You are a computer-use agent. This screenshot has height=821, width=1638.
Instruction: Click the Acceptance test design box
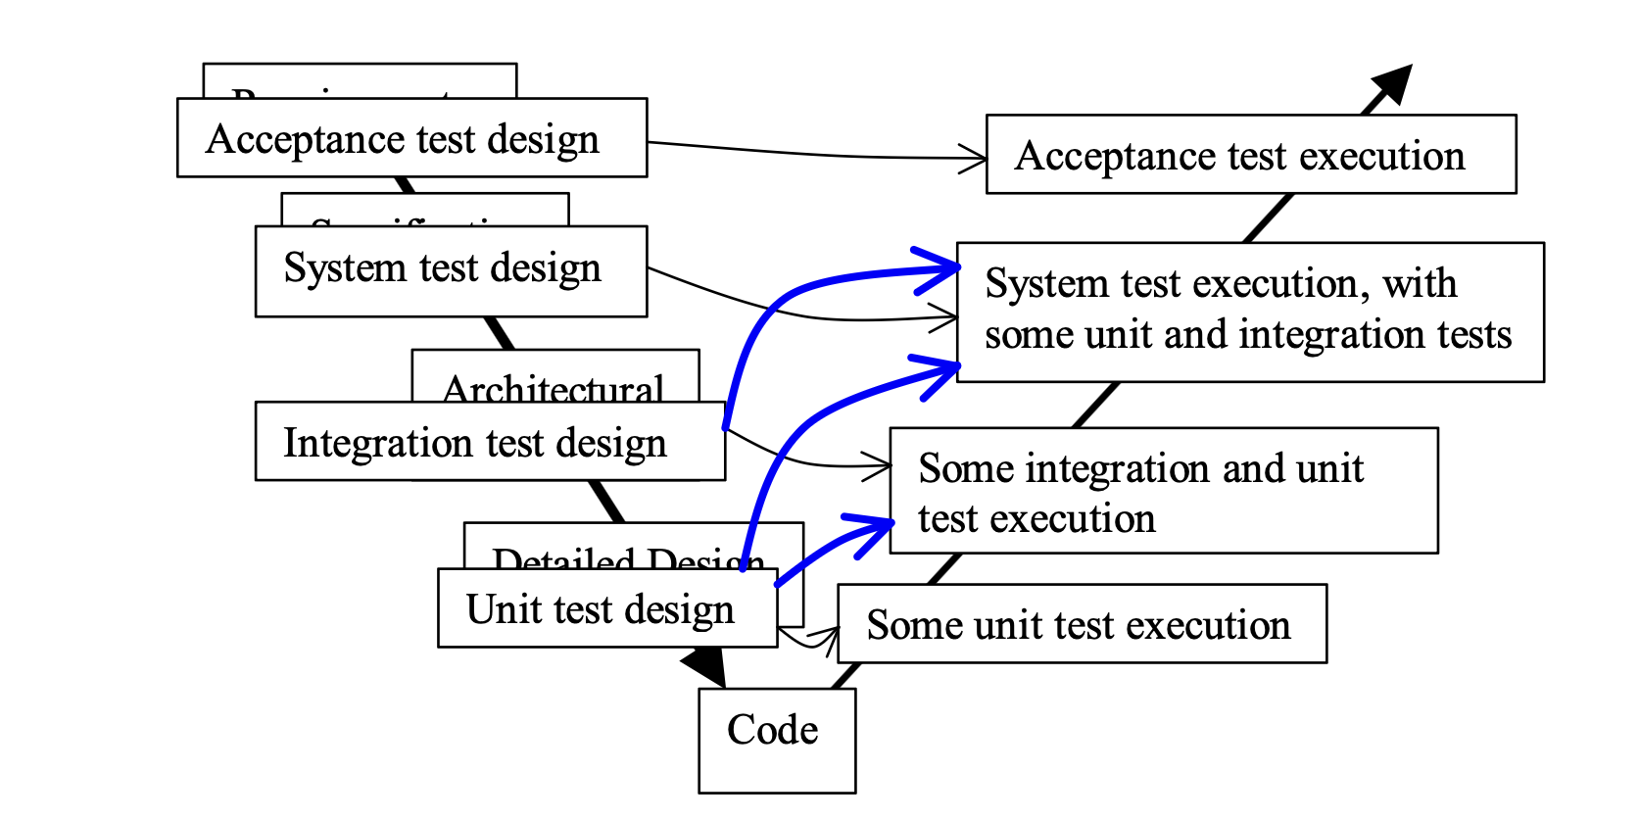pyautogui.click(x=411, y=138)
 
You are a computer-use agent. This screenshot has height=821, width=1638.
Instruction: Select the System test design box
pyautogui.click(x=451, y=271)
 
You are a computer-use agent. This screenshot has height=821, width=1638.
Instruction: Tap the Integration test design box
pyautogui.click(x=490, y=442)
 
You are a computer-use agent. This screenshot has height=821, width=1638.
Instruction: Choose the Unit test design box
pyautogui.click(x=607, y=608)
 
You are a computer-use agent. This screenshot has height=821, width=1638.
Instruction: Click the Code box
pyautogui.click(x=777, y=741)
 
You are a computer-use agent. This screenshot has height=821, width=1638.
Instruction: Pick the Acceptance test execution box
pyautogui.click(x=1251, y=155)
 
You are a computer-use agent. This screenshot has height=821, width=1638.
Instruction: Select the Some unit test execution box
pyautogui.click(x=1082, y=624)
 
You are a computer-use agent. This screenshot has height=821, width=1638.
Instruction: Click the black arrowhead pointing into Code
pyautogui.click(x=705, y=666)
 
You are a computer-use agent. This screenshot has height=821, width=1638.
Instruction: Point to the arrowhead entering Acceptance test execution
pyautogui.click(x=975, y=158)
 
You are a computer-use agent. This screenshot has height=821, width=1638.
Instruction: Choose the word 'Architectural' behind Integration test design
pyautogui.click(x=554, y=389)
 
